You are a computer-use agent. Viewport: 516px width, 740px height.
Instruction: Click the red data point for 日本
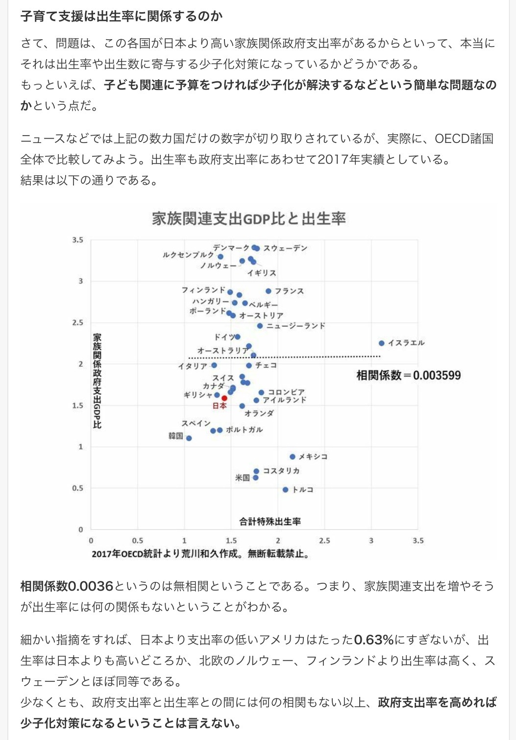[x=224, y=398]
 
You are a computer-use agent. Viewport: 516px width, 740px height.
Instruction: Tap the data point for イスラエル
[x=382, y=343]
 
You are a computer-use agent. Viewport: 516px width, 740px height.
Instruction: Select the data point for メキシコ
[x=293, y=456]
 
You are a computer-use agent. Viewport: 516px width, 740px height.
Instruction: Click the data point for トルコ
[x=286, y=490]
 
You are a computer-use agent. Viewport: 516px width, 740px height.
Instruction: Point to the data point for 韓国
[x=189, y=438]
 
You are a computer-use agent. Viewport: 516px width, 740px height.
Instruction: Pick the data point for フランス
[x=269, y=291]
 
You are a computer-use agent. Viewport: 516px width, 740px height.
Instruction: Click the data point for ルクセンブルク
[x=221, y=257]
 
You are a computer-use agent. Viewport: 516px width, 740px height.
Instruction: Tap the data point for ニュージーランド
[x=260, y=326]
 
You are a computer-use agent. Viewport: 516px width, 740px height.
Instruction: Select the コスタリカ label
[x=281, y=471]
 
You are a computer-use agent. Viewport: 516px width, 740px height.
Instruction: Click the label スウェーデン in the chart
[x=285, y=248]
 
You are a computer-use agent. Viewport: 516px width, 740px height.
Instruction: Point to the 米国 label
[x=243, y=477]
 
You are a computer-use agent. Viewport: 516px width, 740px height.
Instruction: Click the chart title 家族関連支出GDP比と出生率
[x=249, y=218]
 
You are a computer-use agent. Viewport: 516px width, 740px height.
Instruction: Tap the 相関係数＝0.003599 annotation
[x=408, y=376]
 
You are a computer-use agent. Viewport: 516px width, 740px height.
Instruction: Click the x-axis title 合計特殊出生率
[x=270, y=522]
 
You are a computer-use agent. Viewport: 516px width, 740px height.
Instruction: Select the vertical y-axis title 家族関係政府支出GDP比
[x=97, y=381]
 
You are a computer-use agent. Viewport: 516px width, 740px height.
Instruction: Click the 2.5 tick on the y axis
[x=77, y=323]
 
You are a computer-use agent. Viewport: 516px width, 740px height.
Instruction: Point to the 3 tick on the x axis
[x=371, y=541]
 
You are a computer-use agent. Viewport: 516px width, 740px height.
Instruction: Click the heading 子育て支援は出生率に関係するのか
[x=122, y=16]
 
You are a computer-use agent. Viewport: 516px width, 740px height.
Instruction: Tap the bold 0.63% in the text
[x=374, y=640]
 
